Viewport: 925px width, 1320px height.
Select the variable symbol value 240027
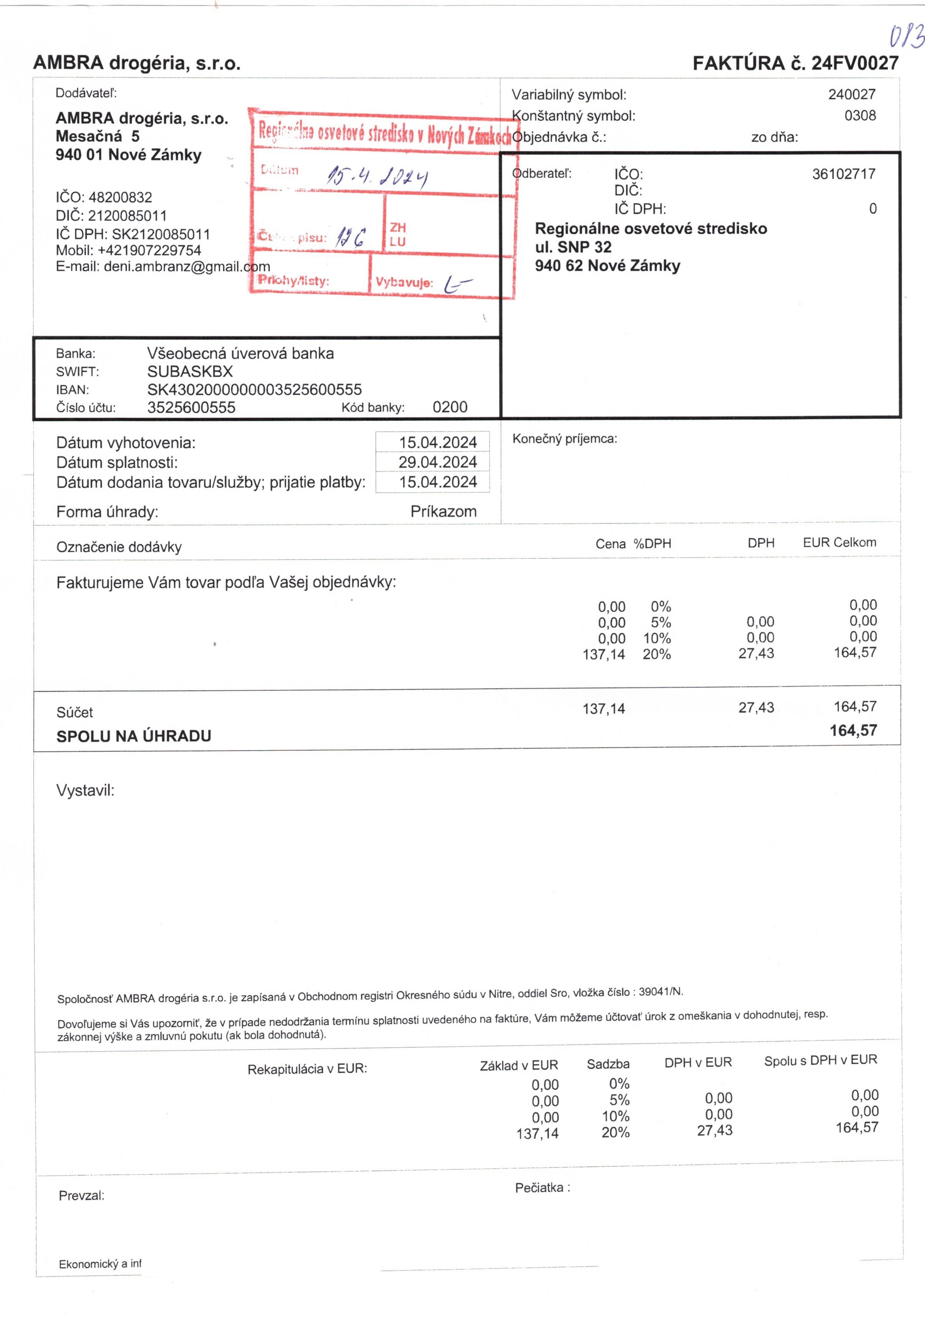(x=851, y=94)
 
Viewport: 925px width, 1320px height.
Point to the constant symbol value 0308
(x=860, y=116)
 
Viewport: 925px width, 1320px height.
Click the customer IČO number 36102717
(x=843, y=174)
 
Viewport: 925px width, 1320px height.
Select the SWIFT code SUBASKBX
(x=190, y=371)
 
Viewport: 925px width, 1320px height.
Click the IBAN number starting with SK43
(x=255, y=390)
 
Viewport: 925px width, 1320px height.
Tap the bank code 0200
(x=450, y=407)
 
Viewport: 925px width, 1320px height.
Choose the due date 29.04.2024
(x=437, y=462)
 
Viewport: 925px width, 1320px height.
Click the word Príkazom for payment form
(x=443, y=512)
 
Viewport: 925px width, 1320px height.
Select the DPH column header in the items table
(x=761, y=543)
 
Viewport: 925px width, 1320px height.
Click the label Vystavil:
(x=85, y=790)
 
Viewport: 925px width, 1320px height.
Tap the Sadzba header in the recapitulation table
(x=608, y=1064)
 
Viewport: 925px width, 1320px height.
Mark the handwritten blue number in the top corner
(x=906, y=37)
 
